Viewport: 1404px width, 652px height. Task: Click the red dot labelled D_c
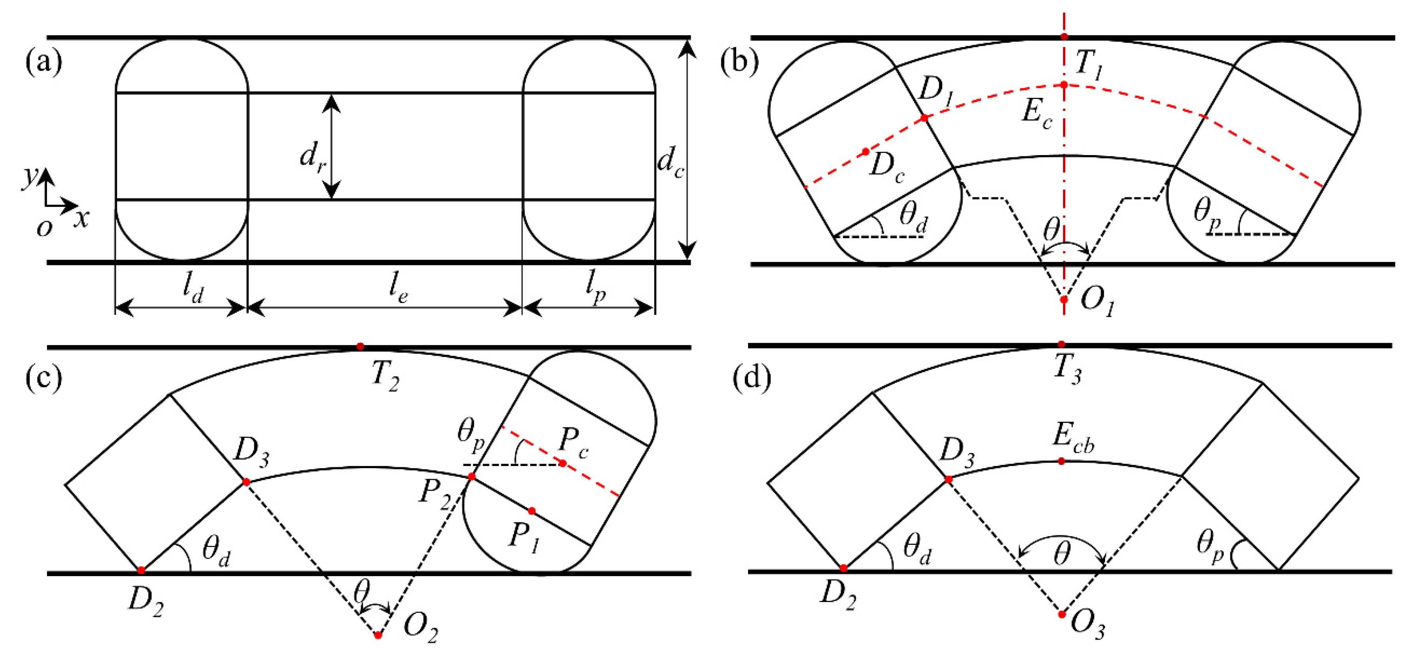tap(865, 152)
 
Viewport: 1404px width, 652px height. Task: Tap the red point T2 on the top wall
tap(360, 347)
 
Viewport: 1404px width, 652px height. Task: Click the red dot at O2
tap(378, 635)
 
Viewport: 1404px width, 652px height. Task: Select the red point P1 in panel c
tap(532, 511)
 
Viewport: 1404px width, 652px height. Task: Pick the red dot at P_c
tap(563, 463)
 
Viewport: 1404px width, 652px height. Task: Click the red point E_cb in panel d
tap(1061, 461)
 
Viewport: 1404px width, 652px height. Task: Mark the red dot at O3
tap(1062, 614)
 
